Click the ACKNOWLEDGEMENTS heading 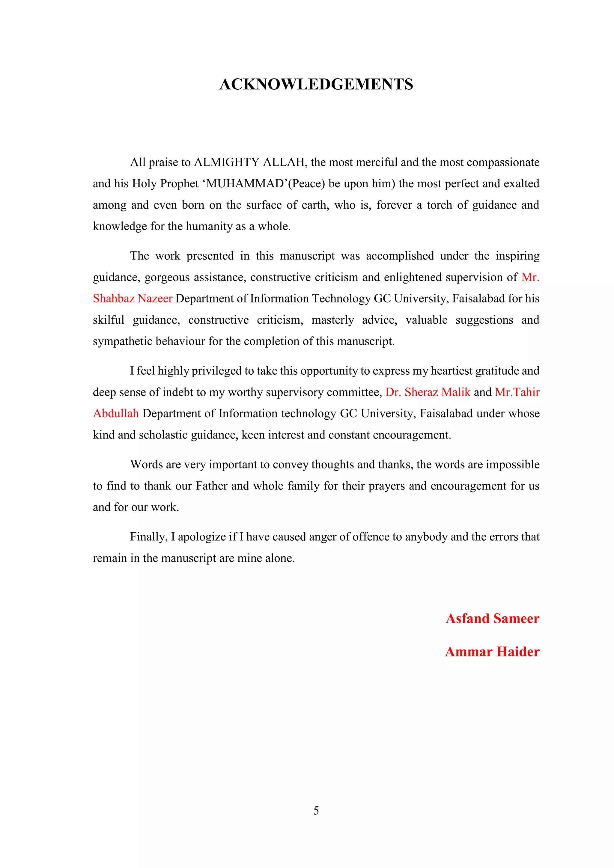pyautogui.click(x=316, y=84)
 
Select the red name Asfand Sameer pyautogui.click(x=492, y=619)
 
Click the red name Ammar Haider pyautogui.click(x=492, y=652)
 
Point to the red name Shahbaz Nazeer pyautogui.click(x=133, y=299)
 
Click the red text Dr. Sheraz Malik pyautogui.click(x=428, y=392)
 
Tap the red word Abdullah pyautogui.click(x=116, y=414)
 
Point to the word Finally pyautogui.click(x=149, y=537)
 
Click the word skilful pyautogui.click(x=109, y=320)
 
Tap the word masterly pyautogui.click(x=333, y=320)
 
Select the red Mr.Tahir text pyautogui.click(x=517, y=392)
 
